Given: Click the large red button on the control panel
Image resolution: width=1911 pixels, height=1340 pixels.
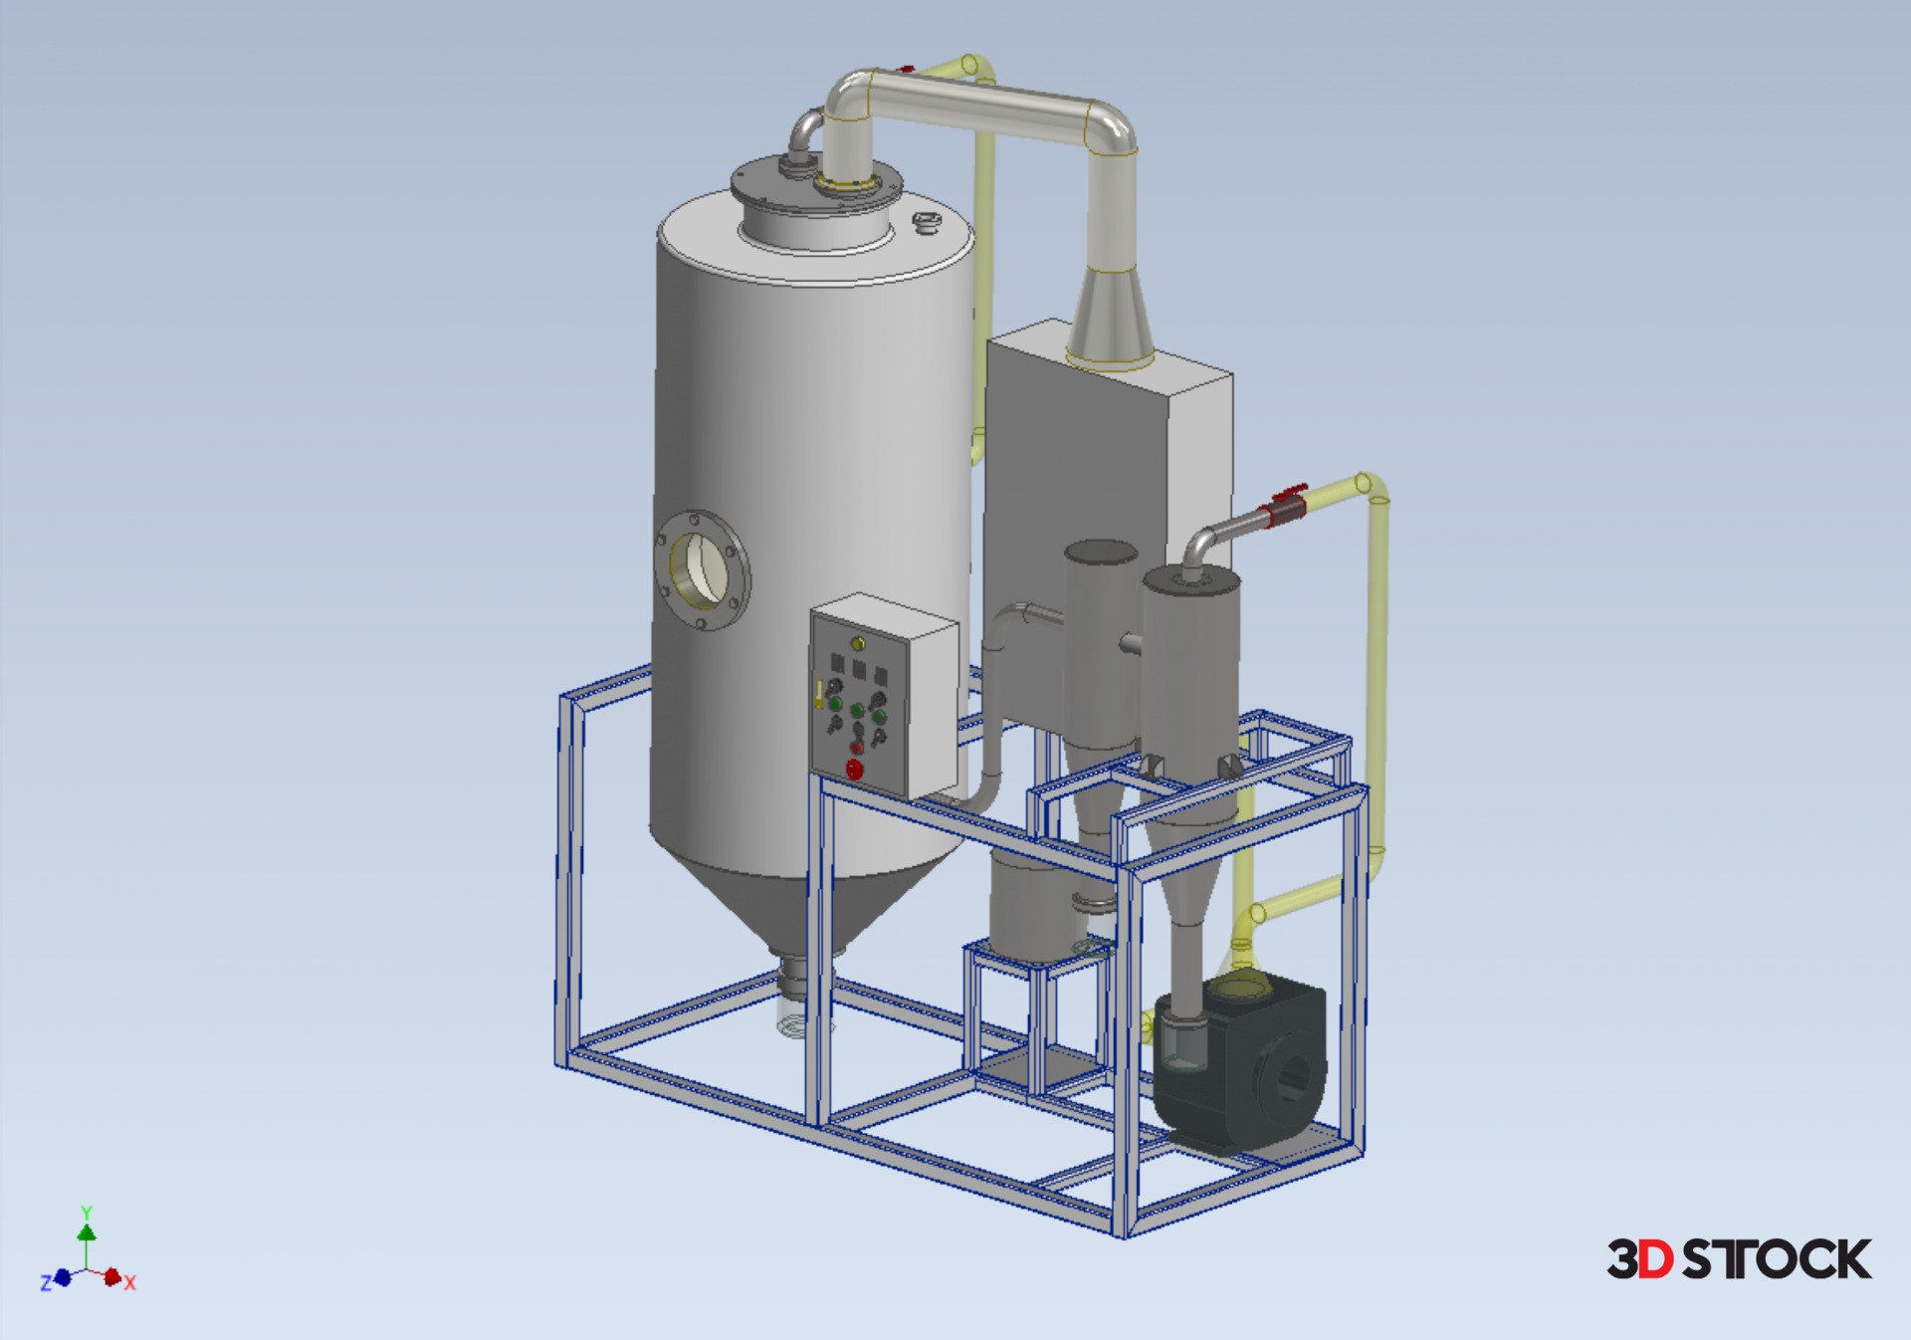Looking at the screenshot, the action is tap(854, 769).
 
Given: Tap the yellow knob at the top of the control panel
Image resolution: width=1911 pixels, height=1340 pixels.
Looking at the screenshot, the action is tap(858, 644).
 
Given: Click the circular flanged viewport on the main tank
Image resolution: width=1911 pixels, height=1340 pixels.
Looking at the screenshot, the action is tap(702, 571).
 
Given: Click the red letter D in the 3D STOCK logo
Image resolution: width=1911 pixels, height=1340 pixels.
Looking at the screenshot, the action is tap(1656, 1259).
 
